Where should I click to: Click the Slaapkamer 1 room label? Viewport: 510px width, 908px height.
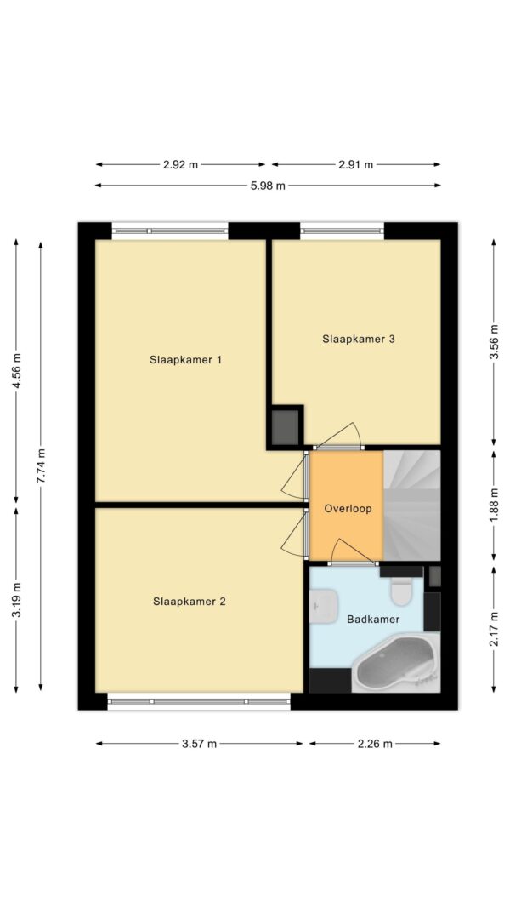click(x=185, y=360)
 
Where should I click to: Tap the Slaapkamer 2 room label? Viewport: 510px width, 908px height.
click(x=189, y=602)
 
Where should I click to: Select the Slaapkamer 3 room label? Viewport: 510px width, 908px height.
click(x=359, y=340)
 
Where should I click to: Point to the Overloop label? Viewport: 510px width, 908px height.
click(x=347, y=509)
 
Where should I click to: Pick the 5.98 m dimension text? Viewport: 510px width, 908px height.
click(x=269, y=186)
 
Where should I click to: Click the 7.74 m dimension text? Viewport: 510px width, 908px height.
click(x=41, y=466)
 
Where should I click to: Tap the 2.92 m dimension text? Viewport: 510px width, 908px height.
click(x=180, y=164)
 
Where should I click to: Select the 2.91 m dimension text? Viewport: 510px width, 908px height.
click(x=356, y=164)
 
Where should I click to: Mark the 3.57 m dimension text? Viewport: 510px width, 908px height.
click(x=199, y=744)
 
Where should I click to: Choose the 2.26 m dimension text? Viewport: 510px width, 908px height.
click(x=375, y=744)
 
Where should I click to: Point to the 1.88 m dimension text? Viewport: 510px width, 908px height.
click(x=495, y=505)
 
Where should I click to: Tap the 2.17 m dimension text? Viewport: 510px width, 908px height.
click(x=495, y=629)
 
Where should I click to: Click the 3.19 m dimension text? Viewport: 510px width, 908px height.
click(x=16, y=600)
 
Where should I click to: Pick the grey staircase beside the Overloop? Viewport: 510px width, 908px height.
click(x=412, y=505)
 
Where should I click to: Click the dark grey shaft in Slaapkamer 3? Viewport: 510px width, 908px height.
click(x=286, y=427)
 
